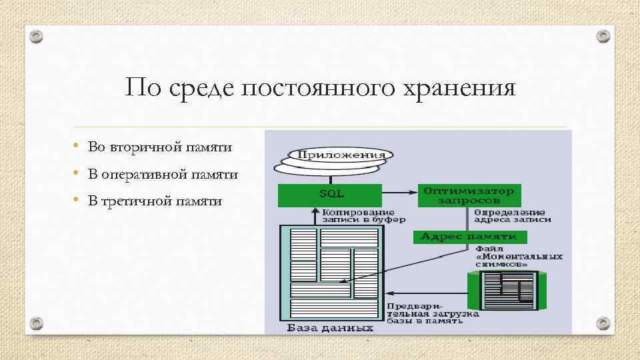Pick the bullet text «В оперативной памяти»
163,175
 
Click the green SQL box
330,194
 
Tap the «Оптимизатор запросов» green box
469,195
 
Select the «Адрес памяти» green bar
470,237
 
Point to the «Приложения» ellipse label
341,155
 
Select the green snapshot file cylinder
510,291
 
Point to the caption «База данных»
329,328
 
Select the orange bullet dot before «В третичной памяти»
78,200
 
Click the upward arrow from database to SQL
316,215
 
